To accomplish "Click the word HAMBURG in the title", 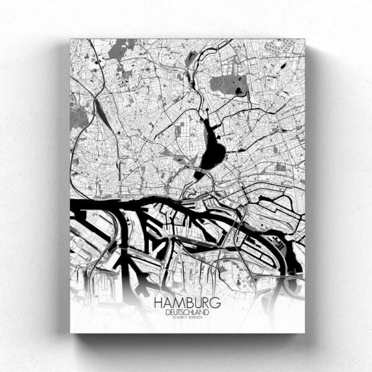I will tap(186, 303).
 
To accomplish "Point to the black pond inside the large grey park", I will tap(239, 92).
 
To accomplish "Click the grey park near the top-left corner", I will tap(122, 49).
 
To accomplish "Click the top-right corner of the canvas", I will tap(305, 39).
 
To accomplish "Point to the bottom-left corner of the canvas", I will tap(70, 333).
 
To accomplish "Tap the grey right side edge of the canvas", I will tap(311, 186).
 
